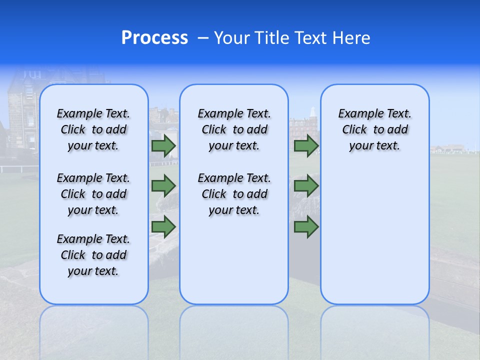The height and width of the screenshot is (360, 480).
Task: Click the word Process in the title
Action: click(x=154, y=38)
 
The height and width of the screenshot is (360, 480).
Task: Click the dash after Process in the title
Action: click(x=202, y=38)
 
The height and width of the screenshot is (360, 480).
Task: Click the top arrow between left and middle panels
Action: click(x=163, y=146)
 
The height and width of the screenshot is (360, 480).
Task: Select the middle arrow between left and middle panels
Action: click(x=163, y=186)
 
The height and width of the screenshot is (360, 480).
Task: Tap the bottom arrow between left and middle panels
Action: click(x=163, y=227)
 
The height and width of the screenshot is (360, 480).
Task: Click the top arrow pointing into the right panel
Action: click(x=306, y=146)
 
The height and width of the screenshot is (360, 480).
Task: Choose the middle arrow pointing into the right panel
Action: click(x=306, y=186)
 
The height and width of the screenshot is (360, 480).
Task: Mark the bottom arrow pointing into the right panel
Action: click(x=306, y=227)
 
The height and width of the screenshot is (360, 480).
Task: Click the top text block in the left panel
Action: click(x=93, y=129)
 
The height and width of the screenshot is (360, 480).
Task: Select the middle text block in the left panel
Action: click(x=93, y=194)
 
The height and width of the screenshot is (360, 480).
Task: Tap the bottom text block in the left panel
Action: click(x=93, y=255)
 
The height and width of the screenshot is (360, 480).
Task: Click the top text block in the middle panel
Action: click(x=234, y=129)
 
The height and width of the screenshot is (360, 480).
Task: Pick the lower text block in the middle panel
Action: click(x=234, y=194)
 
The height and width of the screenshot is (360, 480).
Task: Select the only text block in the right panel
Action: click(x=374, y=129)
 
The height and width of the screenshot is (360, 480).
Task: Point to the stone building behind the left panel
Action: click(x=20, y=115)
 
